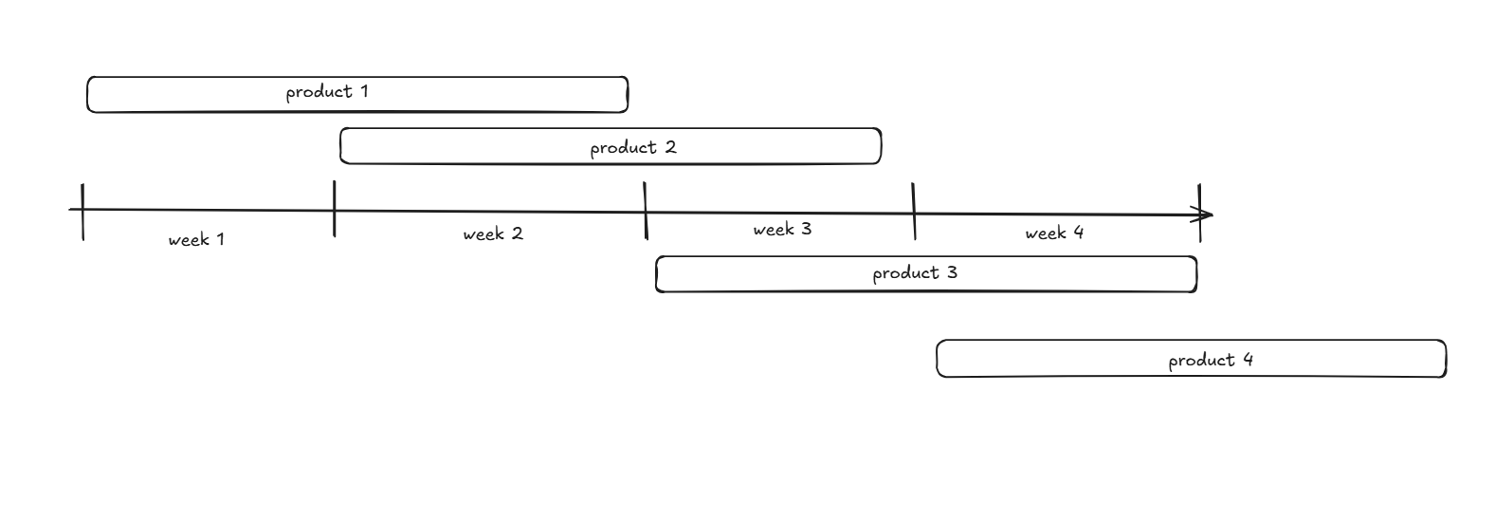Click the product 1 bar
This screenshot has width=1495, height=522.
[357, 95]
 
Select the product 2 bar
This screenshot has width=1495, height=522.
[611, 147]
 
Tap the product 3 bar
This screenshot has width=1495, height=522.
[926, 273]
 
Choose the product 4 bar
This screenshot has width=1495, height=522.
[1191, 360]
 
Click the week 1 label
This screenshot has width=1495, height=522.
[196, 239]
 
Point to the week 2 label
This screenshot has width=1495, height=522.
[492, 233]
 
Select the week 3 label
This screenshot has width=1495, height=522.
[782, 229]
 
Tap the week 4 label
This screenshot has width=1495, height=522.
[1053, 233]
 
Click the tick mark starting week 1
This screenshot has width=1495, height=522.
[82, 212]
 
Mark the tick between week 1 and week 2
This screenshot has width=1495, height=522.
[334, 208]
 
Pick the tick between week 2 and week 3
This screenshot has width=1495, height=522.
[646, 211]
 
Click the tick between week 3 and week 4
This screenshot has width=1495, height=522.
[914, 212]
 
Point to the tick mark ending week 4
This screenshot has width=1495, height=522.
[1200, 214]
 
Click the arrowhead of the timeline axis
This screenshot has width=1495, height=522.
[1208, 214]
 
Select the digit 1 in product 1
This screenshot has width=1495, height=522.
[363, 92]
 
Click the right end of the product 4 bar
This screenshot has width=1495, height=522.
[1444, 360]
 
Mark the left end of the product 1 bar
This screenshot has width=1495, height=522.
[89, 95]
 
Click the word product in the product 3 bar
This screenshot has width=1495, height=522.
[905, 273]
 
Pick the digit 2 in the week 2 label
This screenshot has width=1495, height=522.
[517, 233]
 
